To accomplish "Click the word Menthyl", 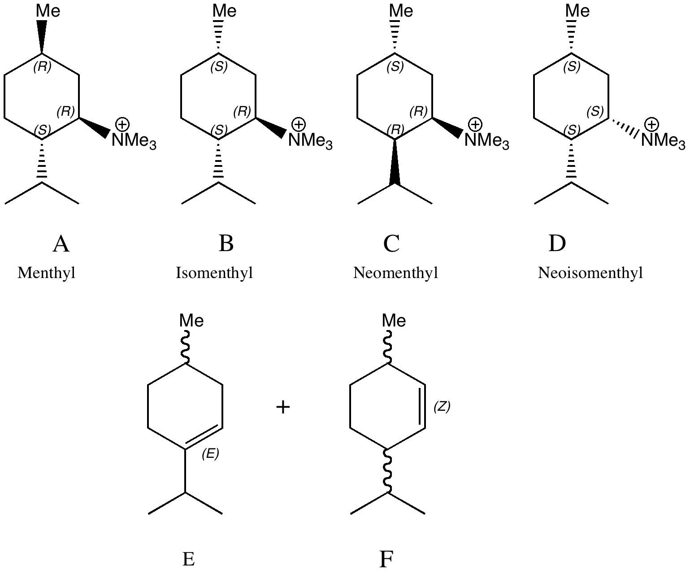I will pos(46,273).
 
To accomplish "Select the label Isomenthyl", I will pos(214,273).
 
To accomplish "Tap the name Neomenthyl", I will pos(395,273).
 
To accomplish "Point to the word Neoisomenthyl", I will pos(590,273).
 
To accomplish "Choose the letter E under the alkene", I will pos(188,559).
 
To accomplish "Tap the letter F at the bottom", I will pos(386,559).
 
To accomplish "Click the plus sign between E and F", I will pos(283,407).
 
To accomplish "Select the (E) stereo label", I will pos(210,454).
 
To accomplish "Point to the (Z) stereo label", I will pos(442,407).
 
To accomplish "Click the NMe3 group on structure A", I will pos(134,141).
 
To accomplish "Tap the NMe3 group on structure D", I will pos(663,141).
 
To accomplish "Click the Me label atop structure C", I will pos(401,11).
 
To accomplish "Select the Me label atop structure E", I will pos(191,321).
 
